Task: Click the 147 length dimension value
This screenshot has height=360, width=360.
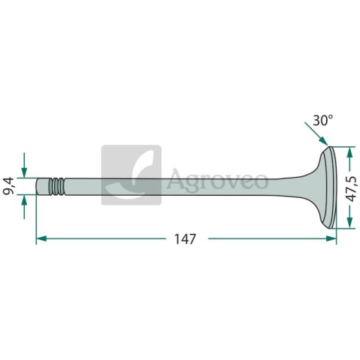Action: [184, 239]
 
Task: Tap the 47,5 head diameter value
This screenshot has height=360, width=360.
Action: [352, 188]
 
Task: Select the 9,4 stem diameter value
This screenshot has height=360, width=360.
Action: [8, 186]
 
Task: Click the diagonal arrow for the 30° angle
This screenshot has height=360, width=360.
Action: [316, 133]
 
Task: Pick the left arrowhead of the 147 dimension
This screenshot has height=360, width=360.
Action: [41, 238]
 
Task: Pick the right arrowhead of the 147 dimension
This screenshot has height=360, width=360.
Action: [331, 238]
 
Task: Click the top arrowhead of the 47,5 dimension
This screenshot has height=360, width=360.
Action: [349, 152]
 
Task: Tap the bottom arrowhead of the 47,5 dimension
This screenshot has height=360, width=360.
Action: [349, 223]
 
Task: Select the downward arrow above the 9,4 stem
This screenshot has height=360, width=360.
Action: [24, 165]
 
